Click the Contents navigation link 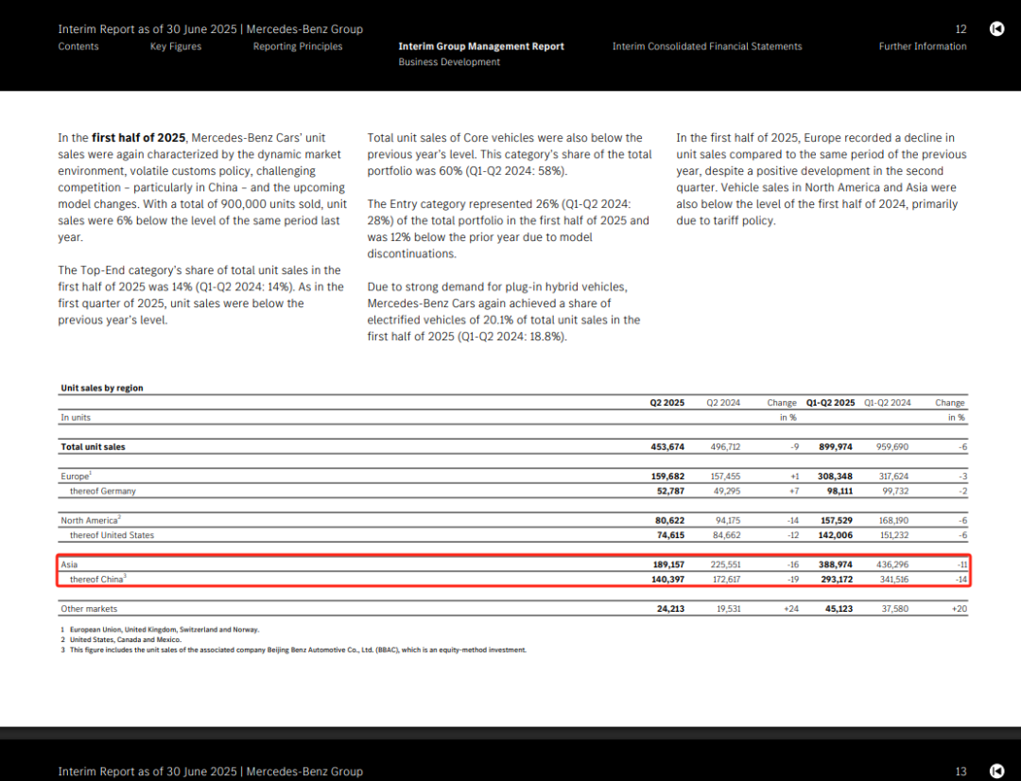(78, 46)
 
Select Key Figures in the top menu (176, 46)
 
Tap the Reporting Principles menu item (298, 46)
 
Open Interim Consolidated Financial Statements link (707, 46)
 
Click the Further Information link (923, 46)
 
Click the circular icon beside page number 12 (996, 29)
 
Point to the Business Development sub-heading (449, 62)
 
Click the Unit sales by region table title (102, 388)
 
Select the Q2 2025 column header (666, 403)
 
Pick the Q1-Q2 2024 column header (887, 403)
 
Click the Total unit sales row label (93, 446)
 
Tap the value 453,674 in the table (666, 446)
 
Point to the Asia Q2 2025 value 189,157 (666, 564)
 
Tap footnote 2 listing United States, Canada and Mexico (122, 639)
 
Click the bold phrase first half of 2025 (138, 138)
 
